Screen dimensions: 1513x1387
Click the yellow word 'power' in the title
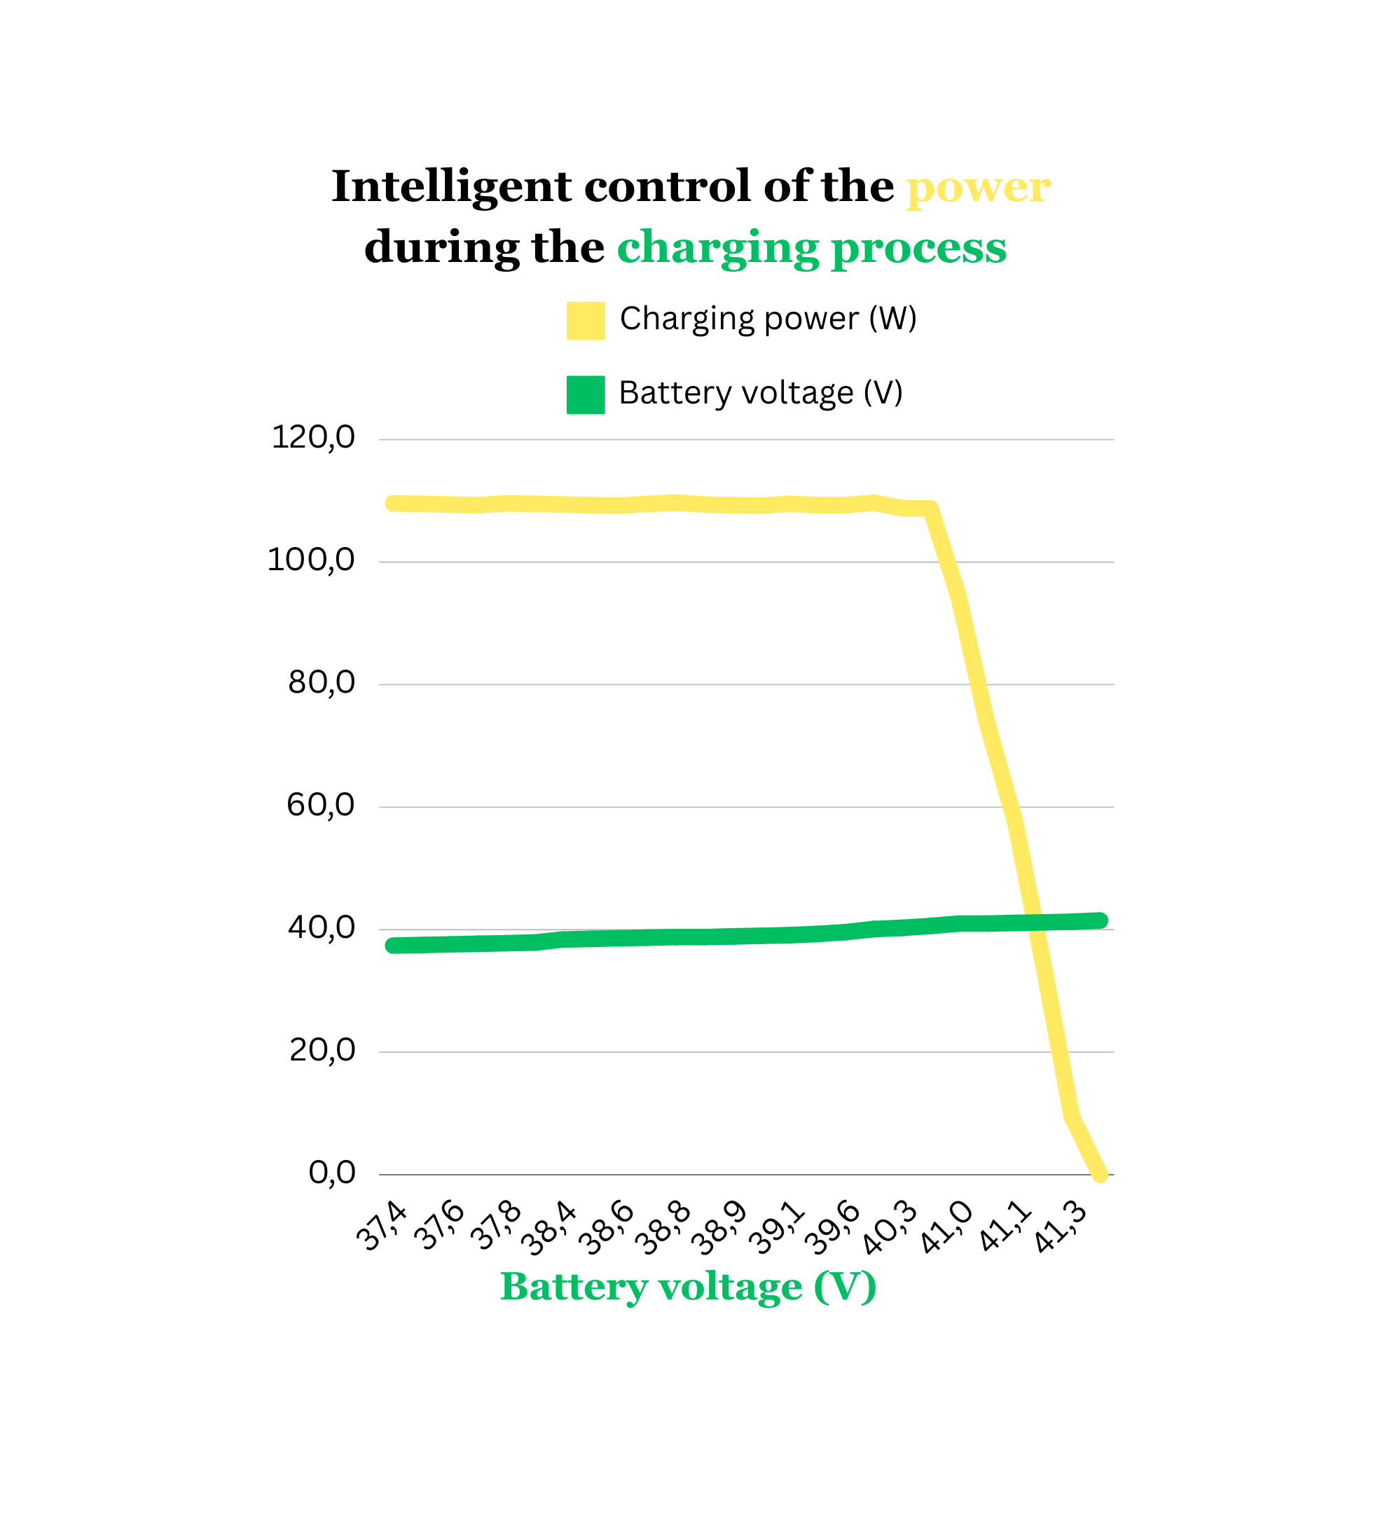tap(978, 188)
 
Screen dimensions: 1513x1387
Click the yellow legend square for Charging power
tap(586, 321)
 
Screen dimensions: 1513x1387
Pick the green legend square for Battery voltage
tap(586, 395)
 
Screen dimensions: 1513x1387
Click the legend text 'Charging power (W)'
tap(768, 319)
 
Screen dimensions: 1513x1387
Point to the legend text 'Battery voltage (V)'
tap(760, 393)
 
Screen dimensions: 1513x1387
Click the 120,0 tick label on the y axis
tap(313, 438)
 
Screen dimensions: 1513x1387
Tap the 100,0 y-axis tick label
tap(311, 560)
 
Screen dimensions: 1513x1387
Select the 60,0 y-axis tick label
tap(321, 806)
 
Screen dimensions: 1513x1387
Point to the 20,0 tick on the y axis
tap(322, 1050)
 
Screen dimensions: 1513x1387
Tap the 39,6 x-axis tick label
tap(833, 1228)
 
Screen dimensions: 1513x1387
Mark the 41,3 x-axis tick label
tap(1061, 1228)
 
